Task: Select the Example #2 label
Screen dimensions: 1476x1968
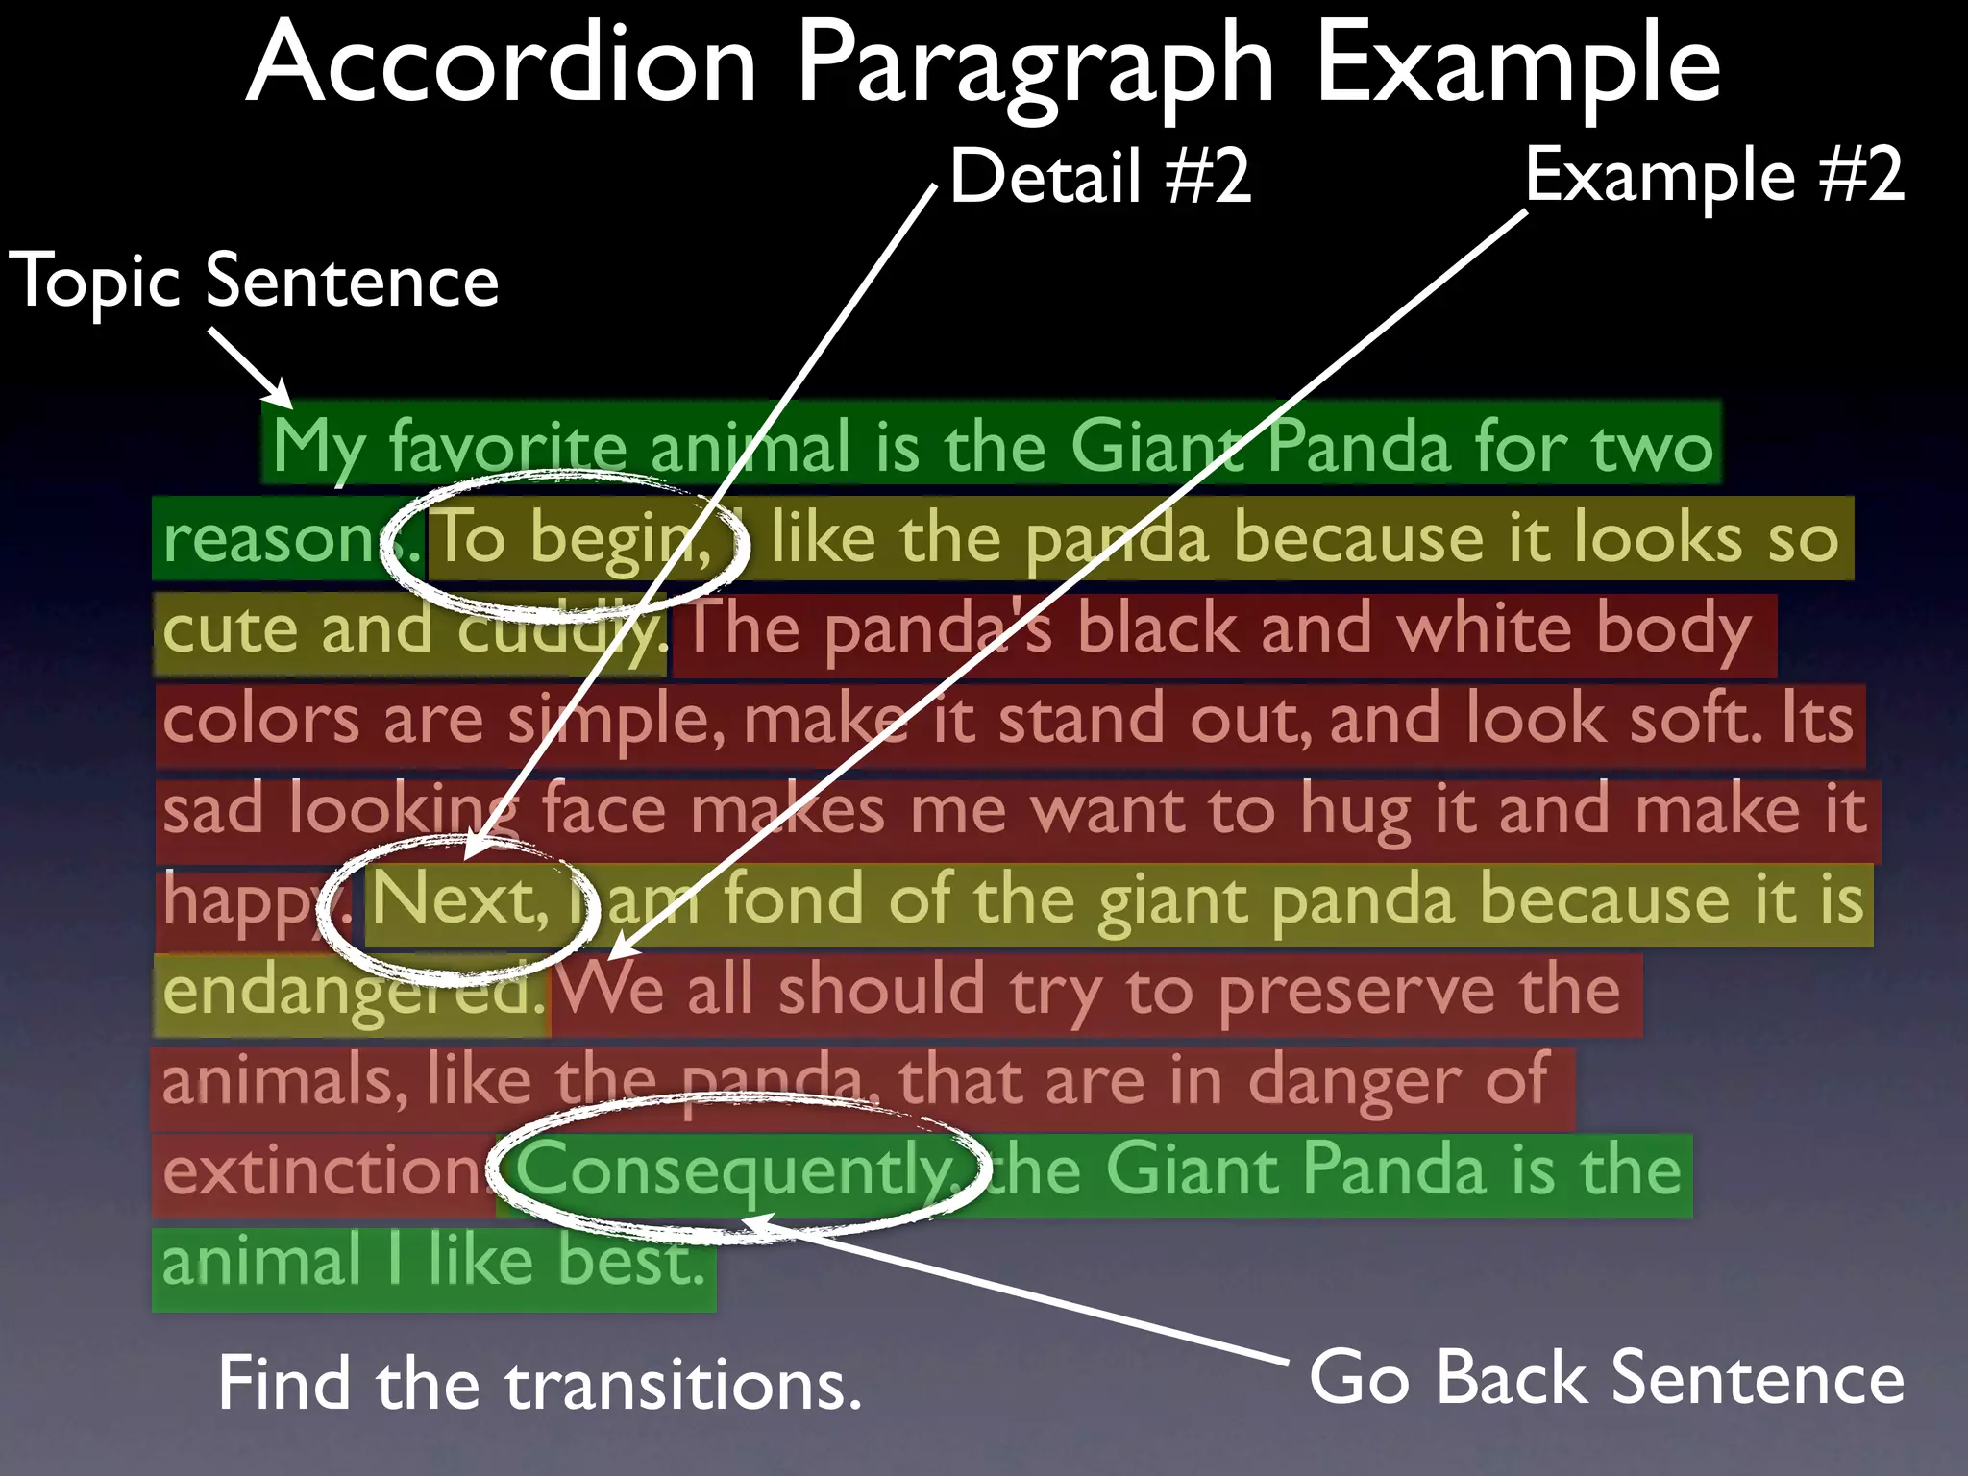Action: (1713, 175)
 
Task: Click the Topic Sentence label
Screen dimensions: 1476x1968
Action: (254, 281)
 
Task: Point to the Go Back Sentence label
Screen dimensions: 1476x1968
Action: (1606, 1377)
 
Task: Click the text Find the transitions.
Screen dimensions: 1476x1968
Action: (539, 1384)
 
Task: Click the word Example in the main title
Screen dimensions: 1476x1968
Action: (1517, 65)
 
